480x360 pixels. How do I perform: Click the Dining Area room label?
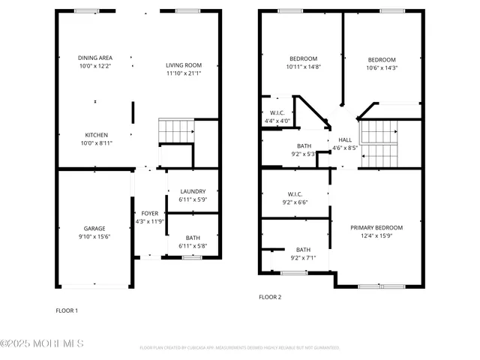click(94, 58)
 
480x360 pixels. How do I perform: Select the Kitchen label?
click(94, 135)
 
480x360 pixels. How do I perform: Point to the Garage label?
click(94, 229)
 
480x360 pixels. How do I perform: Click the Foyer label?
click(150, 214)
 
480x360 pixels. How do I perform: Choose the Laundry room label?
click(192, 192)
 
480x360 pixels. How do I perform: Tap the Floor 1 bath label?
click(192, 237)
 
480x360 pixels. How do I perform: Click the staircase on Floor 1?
click(175, 130)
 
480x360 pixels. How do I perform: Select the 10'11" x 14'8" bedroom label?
click(303, 59)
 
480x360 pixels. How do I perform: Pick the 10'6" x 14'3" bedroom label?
click(381, 60)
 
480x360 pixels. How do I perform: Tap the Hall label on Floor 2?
click(345, 139)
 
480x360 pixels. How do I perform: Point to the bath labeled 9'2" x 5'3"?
click(303, 146)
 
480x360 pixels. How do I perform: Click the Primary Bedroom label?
click(376, 228)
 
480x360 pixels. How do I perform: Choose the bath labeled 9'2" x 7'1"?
click(303, 250)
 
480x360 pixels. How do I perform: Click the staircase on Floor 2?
click(379, 143)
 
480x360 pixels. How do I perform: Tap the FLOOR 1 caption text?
click(67, 310)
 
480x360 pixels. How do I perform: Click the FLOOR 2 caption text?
click(270, 298)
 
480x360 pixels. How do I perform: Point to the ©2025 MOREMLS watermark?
click(42, 343)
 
